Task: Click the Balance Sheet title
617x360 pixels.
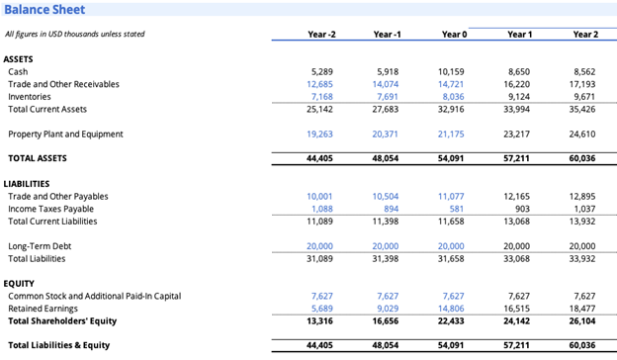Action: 45,10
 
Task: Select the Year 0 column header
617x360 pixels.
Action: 454,35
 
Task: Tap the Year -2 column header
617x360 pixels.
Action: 321,35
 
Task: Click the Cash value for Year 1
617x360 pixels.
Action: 517,72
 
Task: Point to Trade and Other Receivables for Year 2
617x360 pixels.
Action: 583,84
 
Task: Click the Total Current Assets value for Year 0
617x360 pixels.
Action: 450,109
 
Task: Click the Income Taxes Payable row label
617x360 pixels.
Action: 51,209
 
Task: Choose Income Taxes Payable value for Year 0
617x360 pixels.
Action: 455,209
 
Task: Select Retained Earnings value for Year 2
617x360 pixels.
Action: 582,309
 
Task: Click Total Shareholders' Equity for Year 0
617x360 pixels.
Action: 450,320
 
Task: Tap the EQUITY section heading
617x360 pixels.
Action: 20,284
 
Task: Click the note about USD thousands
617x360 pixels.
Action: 74,35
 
